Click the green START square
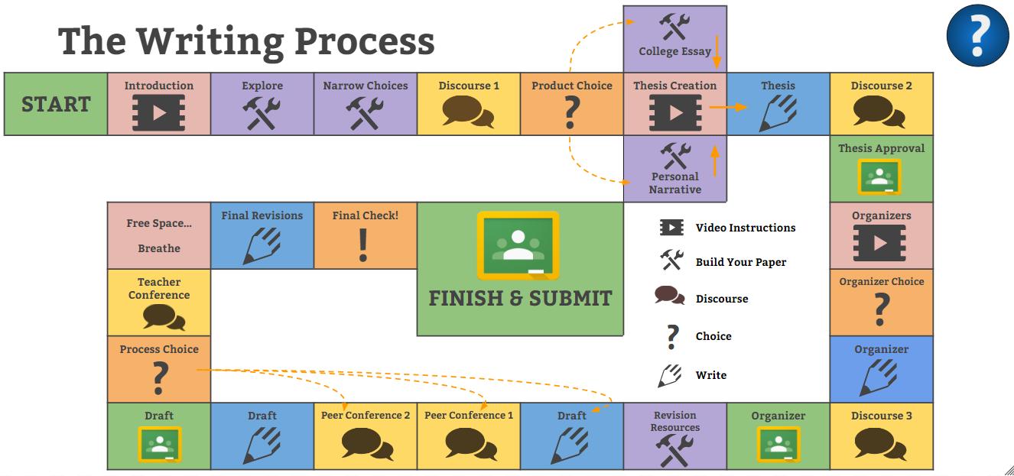[x=56, y=104]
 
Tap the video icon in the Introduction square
[x=158, y=113]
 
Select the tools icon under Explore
[x=262, y=113]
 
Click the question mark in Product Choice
[x=572, y=113]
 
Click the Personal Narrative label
[x=675, y=183]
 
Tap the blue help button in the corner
[x=977, y=37]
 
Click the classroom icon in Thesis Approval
[x=881, y=177]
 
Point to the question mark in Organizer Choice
[x=881, y=309]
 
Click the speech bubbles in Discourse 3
[x=881, y=443]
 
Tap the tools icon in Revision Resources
[x=674, y=451]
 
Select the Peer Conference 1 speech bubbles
[x=468, y=443]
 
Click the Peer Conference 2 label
[x=366, y=416]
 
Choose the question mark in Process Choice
[x=159, y=377]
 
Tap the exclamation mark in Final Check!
[x=365, y=244]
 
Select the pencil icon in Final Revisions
[x=262, y=244]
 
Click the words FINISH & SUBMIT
[x=520, y=298]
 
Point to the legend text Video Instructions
[x=745, y=228]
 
